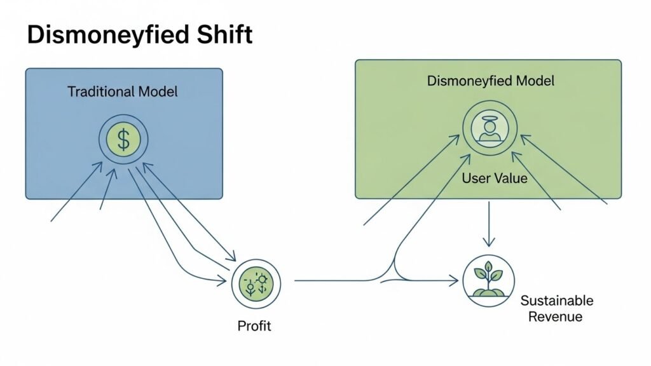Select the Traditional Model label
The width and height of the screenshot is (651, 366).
[x=123, y=91]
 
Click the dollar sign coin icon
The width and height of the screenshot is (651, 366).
[x=123, y=140]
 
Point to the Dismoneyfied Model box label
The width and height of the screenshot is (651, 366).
[x=491, y=81]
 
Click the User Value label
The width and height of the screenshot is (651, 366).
[x=495, y=179]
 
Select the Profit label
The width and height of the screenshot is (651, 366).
[x=254, y=326]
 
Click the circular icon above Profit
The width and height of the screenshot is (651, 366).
[x=256, y=283]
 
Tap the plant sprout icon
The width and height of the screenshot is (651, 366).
[x=489, y=277]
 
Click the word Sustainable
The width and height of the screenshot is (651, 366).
[x=556, y=301]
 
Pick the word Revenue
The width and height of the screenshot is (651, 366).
[x=555, y=316]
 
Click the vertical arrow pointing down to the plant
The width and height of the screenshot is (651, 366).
[x=488, y=222]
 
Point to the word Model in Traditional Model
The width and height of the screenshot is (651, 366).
[x=158, y=91]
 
